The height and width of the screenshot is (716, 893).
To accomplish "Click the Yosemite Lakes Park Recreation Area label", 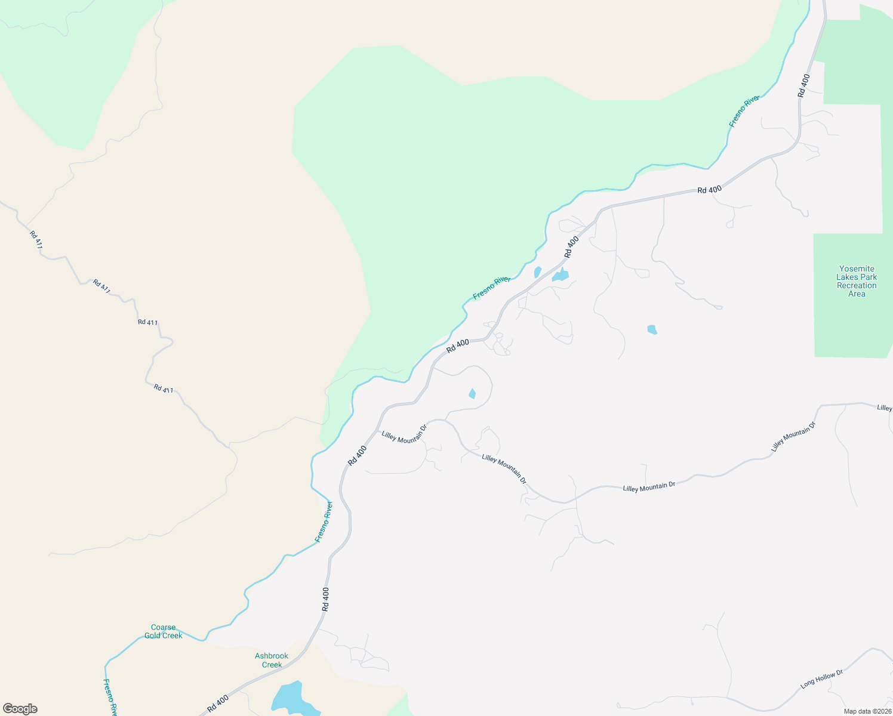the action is pyautogui.click(x=857, y=281).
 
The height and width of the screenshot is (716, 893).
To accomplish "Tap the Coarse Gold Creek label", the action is pyautogui.click(x=163, y=631).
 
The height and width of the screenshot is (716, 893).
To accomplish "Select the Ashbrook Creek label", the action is pyautogui.click(x=272, y=660).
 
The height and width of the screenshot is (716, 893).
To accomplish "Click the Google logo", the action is pyautogui.click(x=20, y=709).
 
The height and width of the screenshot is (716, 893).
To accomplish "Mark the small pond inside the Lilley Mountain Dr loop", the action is pyautogui.click(x=472, y=394).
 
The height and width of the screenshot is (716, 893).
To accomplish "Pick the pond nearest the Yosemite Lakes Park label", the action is pyautogui.click(x=652, y=329).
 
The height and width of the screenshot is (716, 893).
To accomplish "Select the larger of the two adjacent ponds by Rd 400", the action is pyautogui.click(x=561, y=275).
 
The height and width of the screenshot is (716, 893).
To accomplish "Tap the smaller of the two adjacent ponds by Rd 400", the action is pyautogui.click(x=537, y=272).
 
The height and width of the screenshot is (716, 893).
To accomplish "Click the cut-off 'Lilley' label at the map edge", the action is pyautogui.click(x=885, y=408).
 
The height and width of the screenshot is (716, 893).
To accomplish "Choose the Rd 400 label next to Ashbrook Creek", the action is pyautogui.click(x=218, y=703).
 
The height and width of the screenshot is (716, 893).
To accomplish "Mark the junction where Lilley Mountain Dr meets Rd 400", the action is pyautogui.click(x=378, y=429).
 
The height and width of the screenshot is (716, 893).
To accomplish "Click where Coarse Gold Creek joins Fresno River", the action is pyautogui.click(x=204, y=640).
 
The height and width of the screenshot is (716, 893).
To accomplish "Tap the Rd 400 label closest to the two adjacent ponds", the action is pyautogui.click(x=572, y=247).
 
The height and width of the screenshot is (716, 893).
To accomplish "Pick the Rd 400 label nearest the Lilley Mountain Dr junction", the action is pyautogui.click(x=357, y=455).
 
